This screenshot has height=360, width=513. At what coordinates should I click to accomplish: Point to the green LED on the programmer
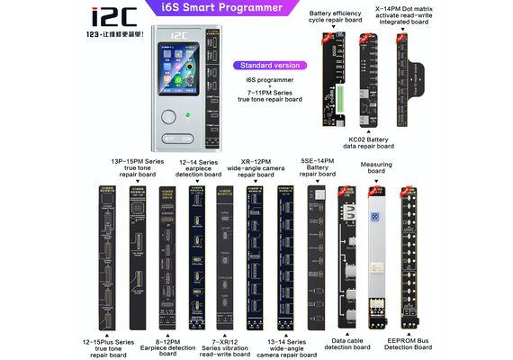coord(186,116)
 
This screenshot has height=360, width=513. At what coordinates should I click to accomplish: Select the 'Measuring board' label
coord(376,168)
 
